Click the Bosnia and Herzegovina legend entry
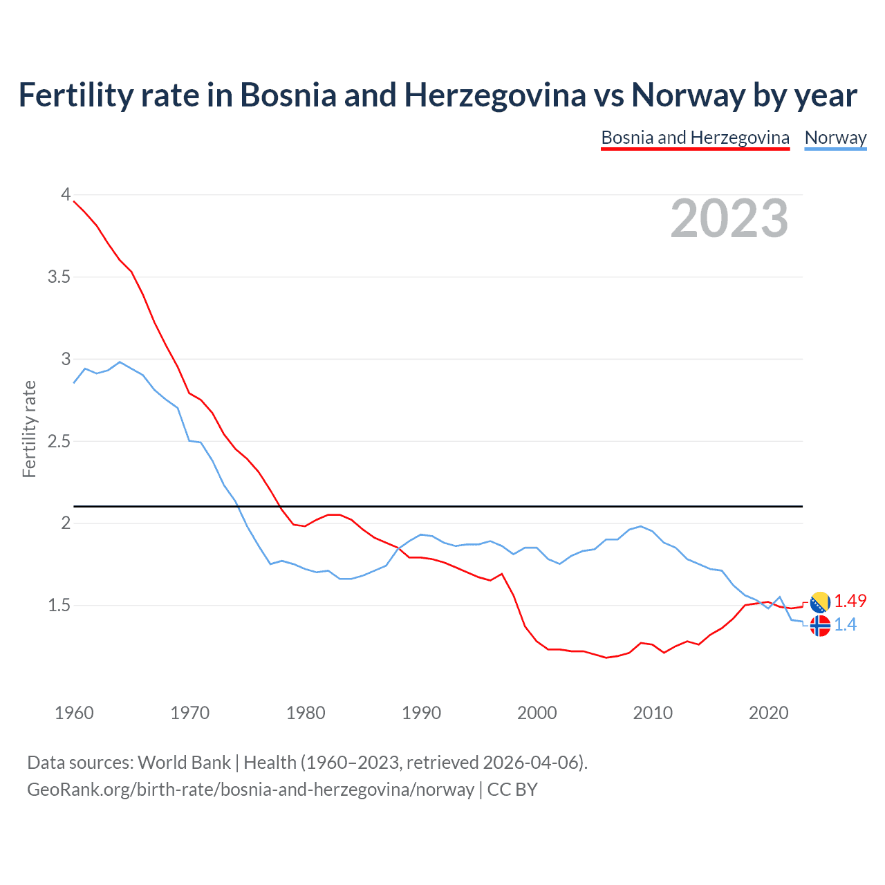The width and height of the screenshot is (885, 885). pos(695,138)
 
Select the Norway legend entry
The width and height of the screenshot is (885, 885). pos(835,138)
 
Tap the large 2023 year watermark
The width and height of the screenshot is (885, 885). pos(729,218)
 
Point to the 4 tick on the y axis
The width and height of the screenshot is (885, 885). pos(66,194)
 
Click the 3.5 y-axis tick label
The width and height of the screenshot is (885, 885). pos(59,277)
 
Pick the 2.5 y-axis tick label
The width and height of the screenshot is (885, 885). pos(59,441)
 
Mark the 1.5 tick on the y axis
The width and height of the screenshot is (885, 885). pos(59,606)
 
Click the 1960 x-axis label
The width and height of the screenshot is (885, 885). pos(74,713)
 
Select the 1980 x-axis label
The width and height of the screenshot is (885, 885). pos(306,713)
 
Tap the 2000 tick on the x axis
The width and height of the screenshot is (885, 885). pos(537,713)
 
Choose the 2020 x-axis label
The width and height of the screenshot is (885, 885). pos(768,713)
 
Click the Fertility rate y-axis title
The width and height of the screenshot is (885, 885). pos(29,429)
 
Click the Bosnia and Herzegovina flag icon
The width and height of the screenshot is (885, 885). pos(820,602)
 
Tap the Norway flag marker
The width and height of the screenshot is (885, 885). pos(820,626)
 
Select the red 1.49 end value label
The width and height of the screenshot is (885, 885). pos(850,601)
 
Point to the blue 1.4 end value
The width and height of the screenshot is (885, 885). pos(845,625)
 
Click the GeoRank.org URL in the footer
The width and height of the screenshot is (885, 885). pos(250,790)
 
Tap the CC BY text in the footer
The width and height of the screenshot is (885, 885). pos(512,790)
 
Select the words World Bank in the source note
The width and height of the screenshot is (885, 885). pos(184,763)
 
